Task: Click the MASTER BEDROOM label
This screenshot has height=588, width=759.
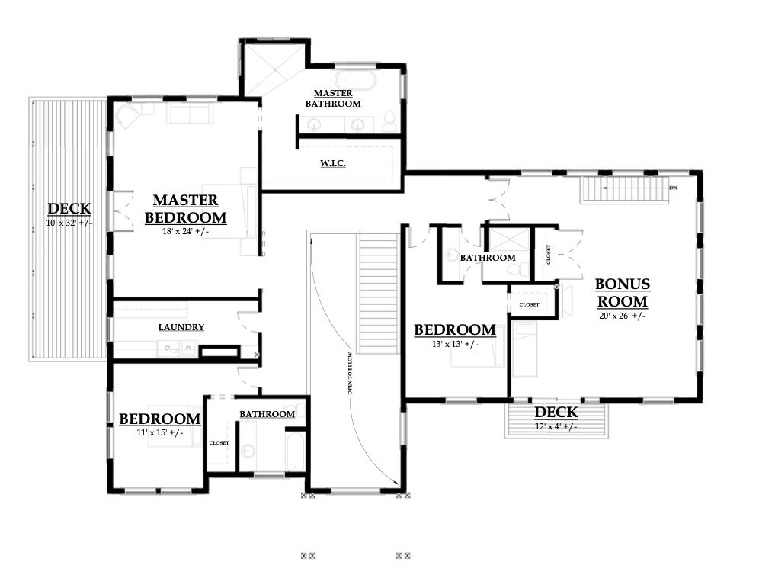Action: pyautogui.click(x=185, y=209)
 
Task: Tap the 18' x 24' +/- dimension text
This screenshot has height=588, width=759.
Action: pyautogui.click(x=185, y=232)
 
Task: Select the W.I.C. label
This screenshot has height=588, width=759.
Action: pyautogui.click(x=333, y=163)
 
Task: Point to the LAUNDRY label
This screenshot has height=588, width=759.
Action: pyautogui.click(x=181, y=327)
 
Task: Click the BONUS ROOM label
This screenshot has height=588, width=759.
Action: pyautogui.click(x=623, y=293)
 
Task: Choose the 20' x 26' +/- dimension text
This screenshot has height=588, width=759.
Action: pyautogui.click(x=623, y=316)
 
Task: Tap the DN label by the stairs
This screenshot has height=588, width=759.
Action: pyautogui.click(x=674, y=188)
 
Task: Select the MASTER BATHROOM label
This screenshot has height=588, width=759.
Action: pyautogui.click(x=333, y=98)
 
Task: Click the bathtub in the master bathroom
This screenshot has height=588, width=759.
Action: pyautogui.click(x=356, y=80)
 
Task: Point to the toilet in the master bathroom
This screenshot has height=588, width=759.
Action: pyautogui.click(x=389, y=121)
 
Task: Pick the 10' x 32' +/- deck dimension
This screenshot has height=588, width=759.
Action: pyautogui.click(x=69, y=223)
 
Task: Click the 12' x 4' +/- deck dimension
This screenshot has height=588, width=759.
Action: pyautogui.click(x=556, y=427)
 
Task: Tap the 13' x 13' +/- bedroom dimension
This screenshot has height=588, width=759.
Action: pyautogui.click(x=455, y=345)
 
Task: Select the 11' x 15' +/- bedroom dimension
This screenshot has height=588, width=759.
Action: pyautogui.click(x=160, y=432)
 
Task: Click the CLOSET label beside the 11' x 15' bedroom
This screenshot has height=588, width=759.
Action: pyautogui.click(x=219, y=442)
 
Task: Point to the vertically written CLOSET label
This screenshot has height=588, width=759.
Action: pyautogui.click(x=549, y=254)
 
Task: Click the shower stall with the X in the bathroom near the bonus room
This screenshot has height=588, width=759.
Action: pyautogui.click(x=509, y=239)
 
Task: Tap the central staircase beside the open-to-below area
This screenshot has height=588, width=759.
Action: pyautogui.click(x=379, y=294)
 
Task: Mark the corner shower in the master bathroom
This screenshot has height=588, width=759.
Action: pyautogui.click(x=274, y=69)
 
